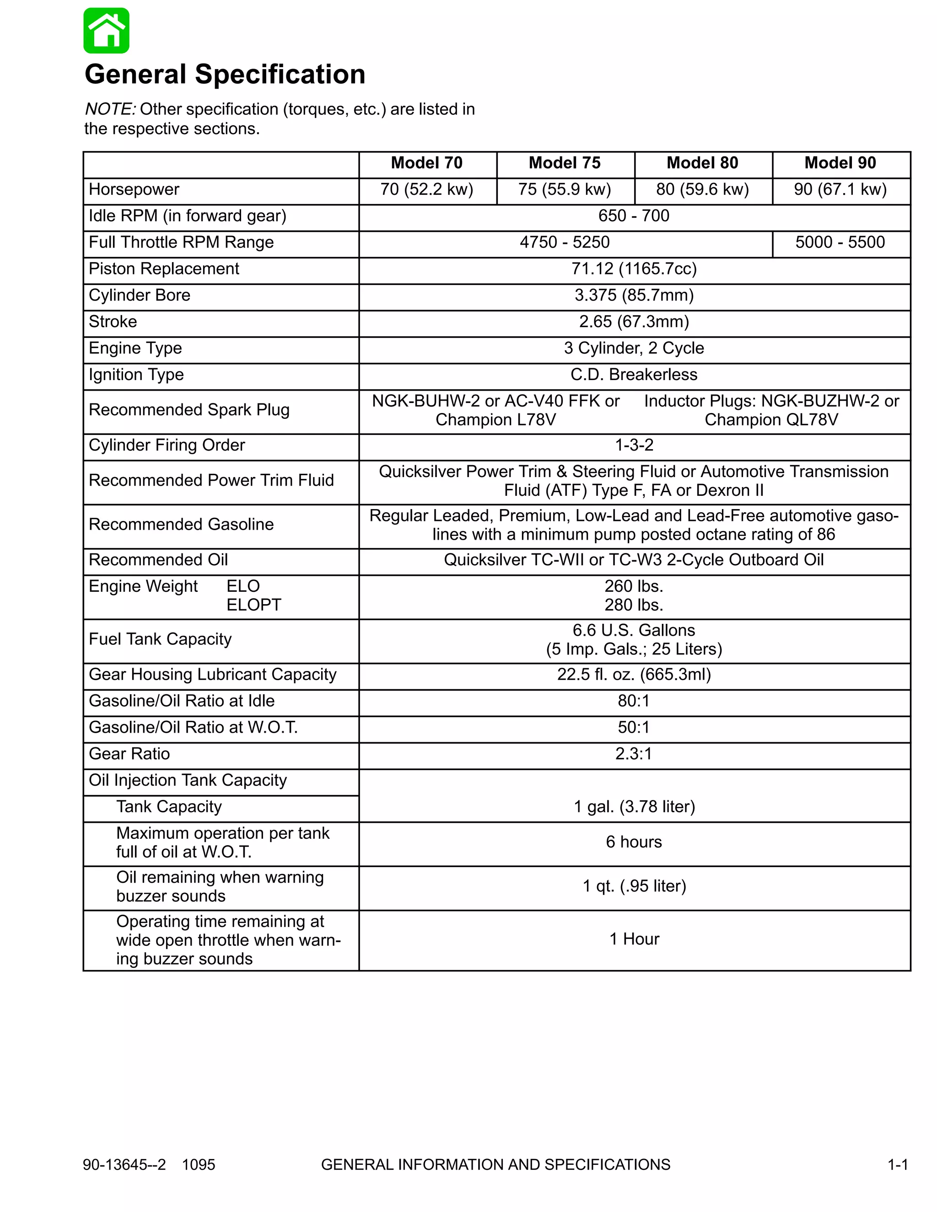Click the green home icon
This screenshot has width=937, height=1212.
(x=106, y=31)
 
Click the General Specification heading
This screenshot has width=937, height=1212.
(x=225, y=75)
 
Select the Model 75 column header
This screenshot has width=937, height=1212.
(x=565, y=163)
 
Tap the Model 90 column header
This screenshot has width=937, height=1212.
(x=840, y=163)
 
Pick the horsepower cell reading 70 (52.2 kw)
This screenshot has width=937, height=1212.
(x=426, y=190)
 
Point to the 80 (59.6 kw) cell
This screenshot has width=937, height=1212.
(x=702, y=190)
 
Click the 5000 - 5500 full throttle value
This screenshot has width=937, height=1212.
(x=840, y=242)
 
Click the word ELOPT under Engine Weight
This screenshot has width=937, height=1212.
(x=253, y=605)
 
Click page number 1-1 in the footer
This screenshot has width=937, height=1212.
(x=897, y=1164)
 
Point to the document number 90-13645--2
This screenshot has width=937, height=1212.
(x=124, y=1164)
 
